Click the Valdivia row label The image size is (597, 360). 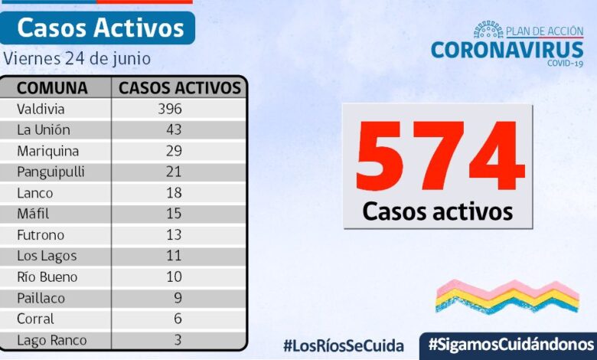(41, 109)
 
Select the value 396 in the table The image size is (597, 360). (170, 109)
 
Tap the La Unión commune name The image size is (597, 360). (44, 129)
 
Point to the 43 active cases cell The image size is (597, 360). (173, 129)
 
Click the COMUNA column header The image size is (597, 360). (52, 87)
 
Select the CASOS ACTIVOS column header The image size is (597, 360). (180, 87)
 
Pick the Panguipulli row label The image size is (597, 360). (52, 172)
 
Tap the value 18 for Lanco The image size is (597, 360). (173, 192)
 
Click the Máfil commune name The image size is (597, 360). (33, 214)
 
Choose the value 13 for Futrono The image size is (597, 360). (173, 234)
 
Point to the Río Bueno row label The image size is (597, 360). (47, 277)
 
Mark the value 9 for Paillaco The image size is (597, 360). (177, 298)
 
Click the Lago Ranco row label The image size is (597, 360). (52, 340)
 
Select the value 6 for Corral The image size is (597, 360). (177, 319)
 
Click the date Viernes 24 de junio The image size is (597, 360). (77, 58)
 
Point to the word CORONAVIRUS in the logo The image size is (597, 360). (507, 50)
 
